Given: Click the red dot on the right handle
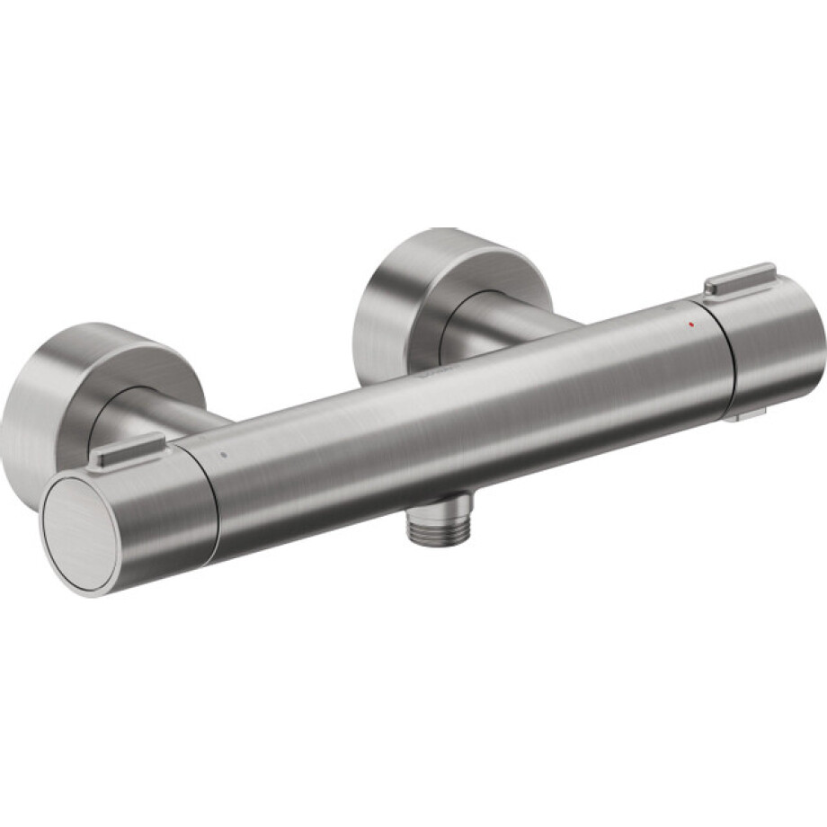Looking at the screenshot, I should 689,321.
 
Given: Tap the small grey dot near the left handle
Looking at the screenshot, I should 224,455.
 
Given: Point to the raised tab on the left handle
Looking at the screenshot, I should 127,449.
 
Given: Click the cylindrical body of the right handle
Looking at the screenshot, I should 773,346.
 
